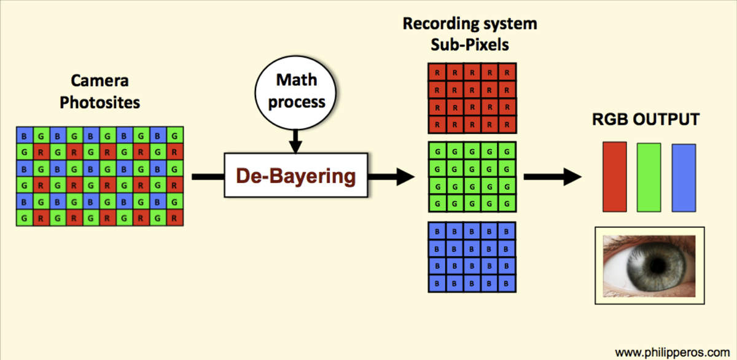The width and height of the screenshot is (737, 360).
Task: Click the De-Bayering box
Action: click(296, 176)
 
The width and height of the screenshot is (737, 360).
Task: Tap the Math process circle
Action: click(295, 93)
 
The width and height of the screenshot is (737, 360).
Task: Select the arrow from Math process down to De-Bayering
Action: click(295, 141)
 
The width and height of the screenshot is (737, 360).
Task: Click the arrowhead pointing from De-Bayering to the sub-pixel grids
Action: click(405, 177)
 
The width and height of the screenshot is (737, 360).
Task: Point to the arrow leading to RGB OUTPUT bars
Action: click(552, 177)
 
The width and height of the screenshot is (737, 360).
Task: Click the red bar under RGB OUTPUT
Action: click(615, 177)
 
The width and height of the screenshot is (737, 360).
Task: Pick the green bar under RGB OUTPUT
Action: click(649, 178)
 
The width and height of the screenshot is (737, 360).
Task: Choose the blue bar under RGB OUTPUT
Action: click(684, 178)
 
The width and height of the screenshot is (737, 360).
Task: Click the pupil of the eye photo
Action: click(658, 265)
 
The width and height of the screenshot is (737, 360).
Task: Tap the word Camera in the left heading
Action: click(99, 80)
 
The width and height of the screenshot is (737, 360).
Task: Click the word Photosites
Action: click(99, 103)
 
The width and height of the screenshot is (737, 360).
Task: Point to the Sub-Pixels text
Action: click(470, 44)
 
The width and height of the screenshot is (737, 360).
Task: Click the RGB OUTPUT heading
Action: click(645, 119)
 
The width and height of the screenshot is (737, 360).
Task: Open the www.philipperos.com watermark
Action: click(673, 353)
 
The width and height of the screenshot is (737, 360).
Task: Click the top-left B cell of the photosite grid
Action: click(25, 135)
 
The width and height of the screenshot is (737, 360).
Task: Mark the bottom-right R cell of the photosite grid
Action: click(174, 218)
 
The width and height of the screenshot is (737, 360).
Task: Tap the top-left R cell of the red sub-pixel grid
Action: click(437, 72)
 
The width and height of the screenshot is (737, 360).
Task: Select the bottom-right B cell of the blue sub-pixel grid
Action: click(507, 283)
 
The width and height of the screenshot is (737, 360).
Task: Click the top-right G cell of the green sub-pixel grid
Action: click(507, 151)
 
